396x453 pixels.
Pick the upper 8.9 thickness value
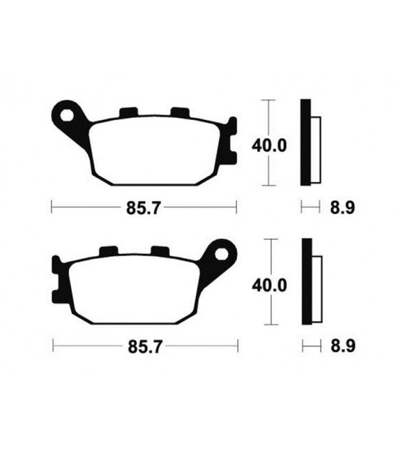[337, 207]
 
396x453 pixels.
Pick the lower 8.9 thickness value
[337, 346]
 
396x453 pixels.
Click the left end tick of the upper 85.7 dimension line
[52, 207]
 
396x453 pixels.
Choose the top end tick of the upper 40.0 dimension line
[268, 101]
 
